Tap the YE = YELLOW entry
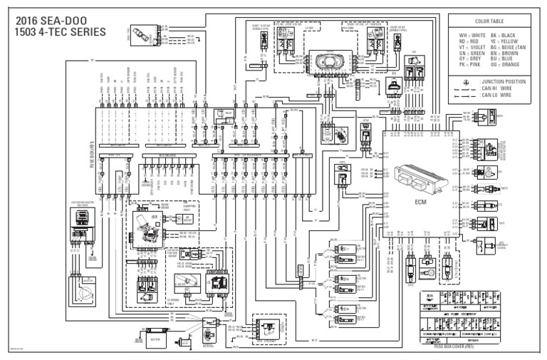516,41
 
